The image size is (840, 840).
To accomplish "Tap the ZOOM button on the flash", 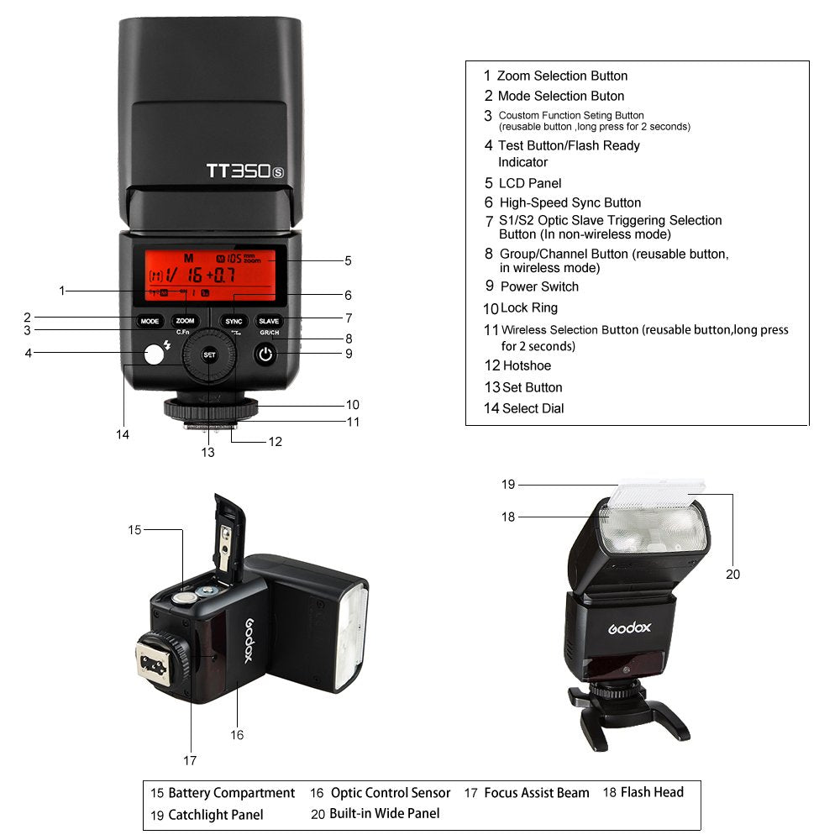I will click(x=185, y=321).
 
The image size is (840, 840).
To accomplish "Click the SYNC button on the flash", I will click(x=234, y=321).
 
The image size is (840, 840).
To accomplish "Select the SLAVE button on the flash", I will click(x=269, y=321).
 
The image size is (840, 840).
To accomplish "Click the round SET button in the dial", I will click(x=209, y=355).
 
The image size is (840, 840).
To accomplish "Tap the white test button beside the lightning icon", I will click(x=153, y=354).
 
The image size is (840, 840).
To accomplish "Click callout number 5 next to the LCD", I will click(x=348, y=260).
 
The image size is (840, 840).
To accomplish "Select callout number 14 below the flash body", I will click(x=123, y=434).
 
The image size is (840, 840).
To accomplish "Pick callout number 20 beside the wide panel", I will click(x=732, y=575).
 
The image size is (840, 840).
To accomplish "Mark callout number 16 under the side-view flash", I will click(x=237, y=735).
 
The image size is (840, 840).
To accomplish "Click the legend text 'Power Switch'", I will click(x=539, y=286).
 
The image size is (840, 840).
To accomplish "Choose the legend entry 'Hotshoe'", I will click(x=527, y=365).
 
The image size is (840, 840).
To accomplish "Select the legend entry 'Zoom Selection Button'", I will click(x=562, y=76).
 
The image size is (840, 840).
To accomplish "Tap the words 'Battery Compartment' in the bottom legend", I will click(x=231, y=793).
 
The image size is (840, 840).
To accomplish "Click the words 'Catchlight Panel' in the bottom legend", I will click(x=215, y=815).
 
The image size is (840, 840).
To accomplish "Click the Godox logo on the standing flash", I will click(x=629, y=627).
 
